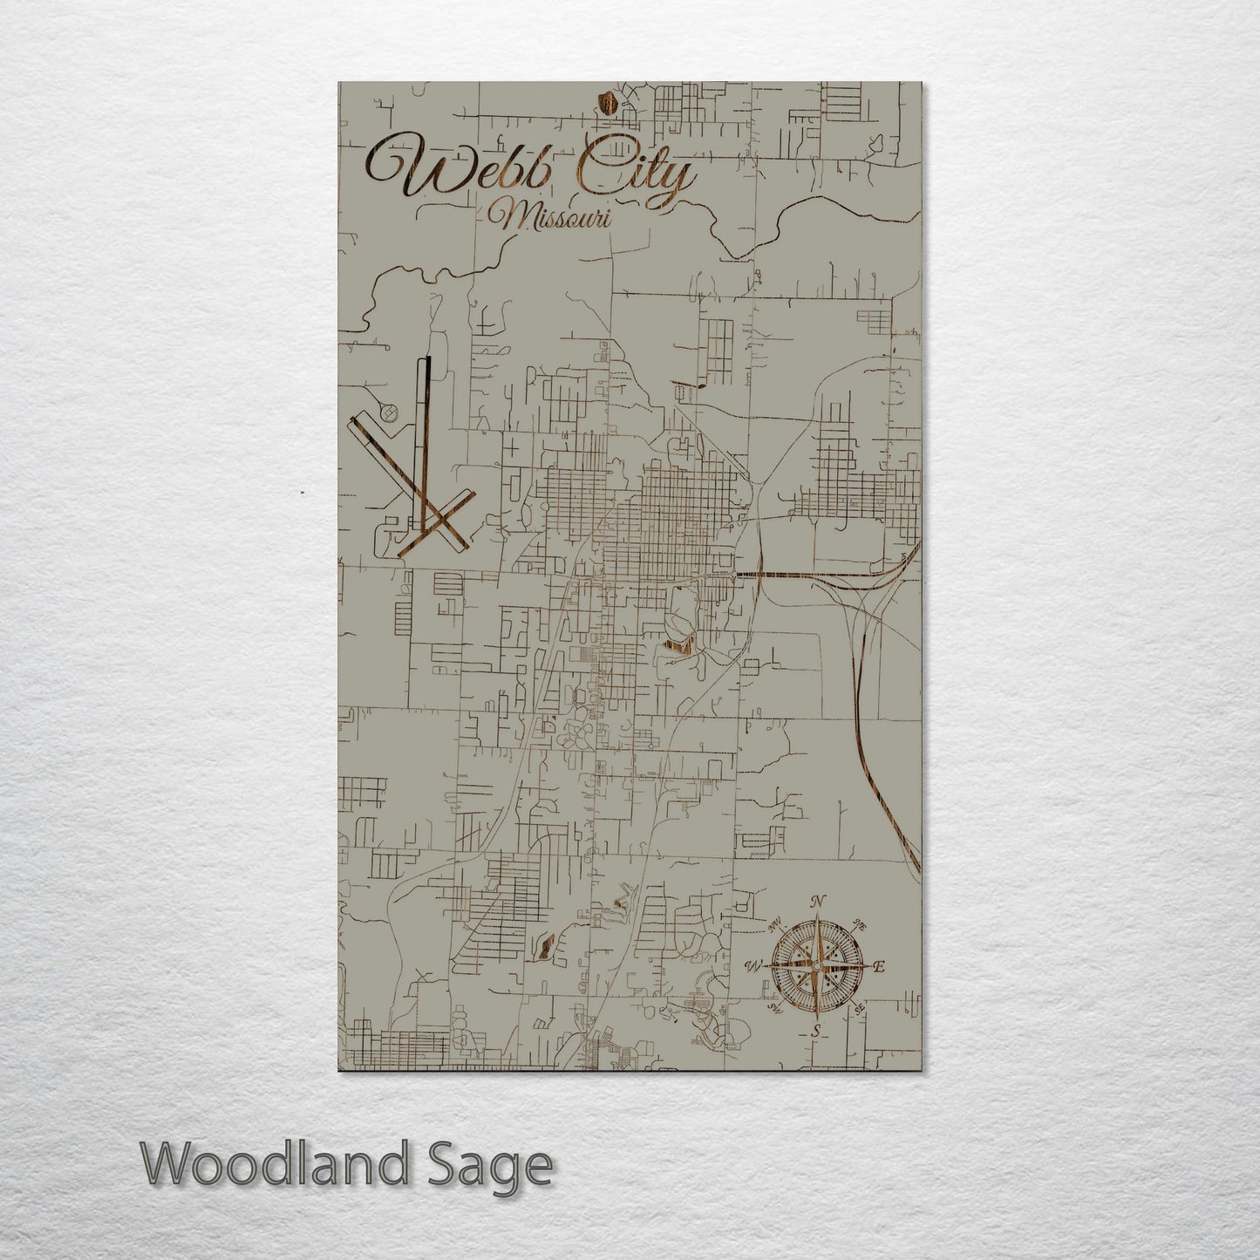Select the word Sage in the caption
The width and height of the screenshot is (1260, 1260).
point(498,1167)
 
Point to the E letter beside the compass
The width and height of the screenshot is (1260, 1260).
point(880,966)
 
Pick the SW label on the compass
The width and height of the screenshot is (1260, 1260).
point(774,1008)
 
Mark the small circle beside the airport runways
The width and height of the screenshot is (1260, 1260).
point(390,411)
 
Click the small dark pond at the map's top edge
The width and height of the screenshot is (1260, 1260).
point(610,106)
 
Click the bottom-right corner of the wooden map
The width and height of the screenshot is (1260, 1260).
point(920,1070)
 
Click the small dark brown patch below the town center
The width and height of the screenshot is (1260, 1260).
point(677,646)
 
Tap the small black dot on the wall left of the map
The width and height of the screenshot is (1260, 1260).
point(302,494)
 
